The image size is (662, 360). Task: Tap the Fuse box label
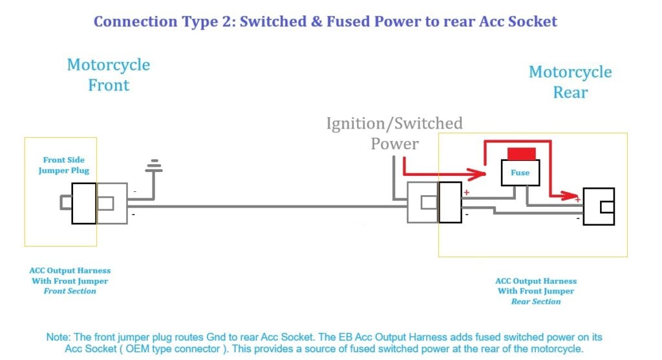click(520, 173)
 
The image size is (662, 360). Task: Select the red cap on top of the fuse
click(520, 154)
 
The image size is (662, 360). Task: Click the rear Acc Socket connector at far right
click(598, 206)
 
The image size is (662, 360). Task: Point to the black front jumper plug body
click(84, 203)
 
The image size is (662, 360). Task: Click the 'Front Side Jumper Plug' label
click(63, 165)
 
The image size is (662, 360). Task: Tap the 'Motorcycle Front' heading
click(109, 75)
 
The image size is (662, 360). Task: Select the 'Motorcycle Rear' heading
click(570, 82)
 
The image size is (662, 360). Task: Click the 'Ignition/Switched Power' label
click(394, 133)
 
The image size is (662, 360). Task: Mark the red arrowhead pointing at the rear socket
click(569, 195)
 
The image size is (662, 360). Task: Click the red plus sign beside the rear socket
click(578, 200)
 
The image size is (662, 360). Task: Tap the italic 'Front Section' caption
click(70, 291)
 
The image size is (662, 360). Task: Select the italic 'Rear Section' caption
click(536, 301)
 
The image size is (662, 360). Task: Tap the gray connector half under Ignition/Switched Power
click(423, 203)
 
